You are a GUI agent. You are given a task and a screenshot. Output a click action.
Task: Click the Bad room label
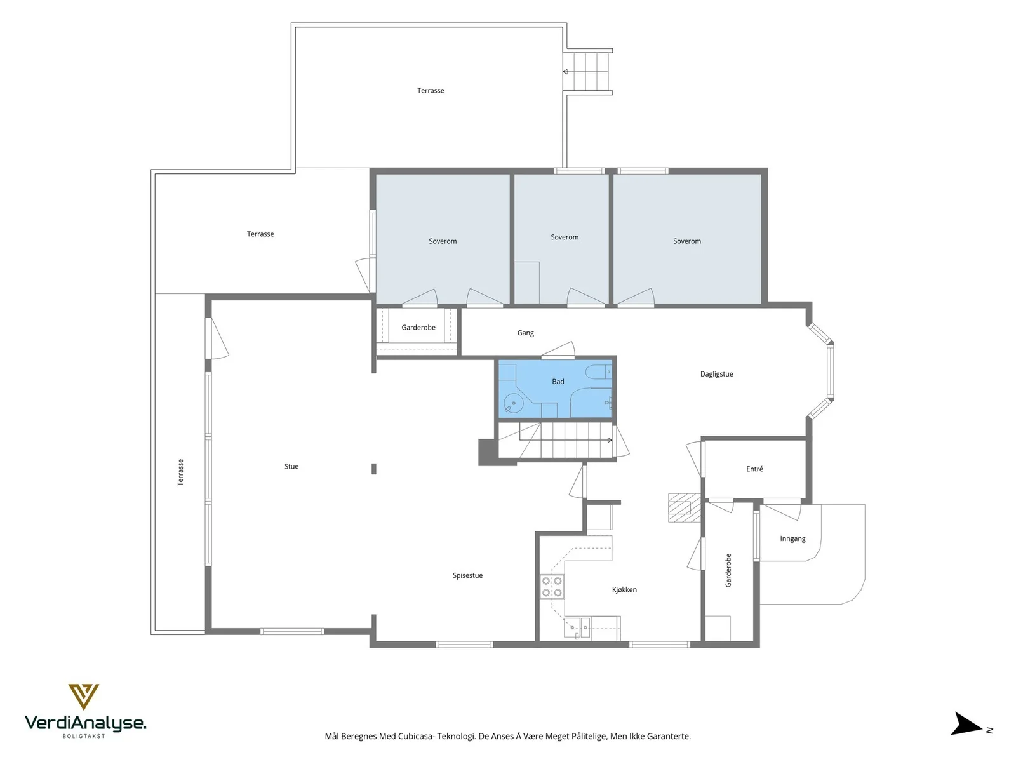coord(558,382)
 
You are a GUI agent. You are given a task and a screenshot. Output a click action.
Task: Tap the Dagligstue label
coord(716,374)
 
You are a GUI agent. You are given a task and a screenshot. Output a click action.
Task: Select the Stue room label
coord(291,466)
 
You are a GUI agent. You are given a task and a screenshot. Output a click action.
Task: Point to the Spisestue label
coord(467,575)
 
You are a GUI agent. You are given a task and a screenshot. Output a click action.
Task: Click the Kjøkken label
coord(624,589)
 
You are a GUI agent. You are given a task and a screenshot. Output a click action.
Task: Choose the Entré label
coord(754,469)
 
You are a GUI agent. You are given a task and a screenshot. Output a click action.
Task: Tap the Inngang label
coord(792,539)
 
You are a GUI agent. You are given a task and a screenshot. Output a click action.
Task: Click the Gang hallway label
coord(525,333)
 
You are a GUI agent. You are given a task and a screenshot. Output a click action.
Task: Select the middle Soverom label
coord(565,237)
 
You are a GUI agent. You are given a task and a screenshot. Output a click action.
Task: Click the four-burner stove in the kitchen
coord(552,587)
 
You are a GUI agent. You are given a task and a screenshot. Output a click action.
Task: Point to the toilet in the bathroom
coord(599,371)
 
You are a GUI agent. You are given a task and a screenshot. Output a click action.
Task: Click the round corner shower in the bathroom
coord(513,403)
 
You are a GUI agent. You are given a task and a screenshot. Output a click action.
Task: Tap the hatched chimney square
coord(679,507)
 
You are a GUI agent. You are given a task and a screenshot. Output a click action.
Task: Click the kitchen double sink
coord(577,627)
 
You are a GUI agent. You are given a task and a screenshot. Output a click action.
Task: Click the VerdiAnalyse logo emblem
coord(83,697)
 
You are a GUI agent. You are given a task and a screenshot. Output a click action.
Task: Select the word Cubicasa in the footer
coord(416,736)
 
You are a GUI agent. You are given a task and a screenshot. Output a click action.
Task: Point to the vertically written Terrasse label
coord(180,472)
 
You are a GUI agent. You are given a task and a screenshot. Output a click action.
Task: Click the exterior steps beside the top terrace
coord(588,72)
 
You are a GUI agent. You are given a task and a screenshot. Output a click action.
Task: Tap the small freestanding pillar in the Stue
coord(374,469)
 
